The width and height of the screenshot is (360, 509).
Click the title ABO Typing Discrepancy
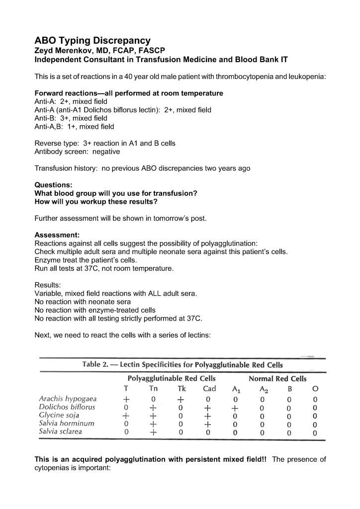92,40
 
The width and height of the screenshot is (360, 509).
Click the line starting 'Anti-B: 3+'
71,118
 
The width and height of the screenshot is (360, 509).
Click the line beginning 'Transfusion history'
142,169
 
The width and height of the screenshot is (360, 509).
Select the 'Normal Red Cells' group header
277,379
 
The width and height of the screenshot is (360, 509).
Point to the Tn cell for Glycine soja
153,416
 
